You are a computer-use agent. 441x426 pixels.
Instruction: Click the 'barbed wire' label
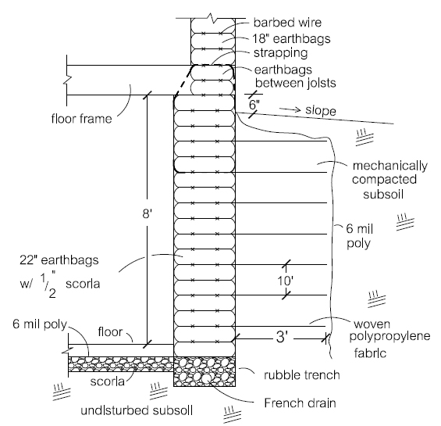[287, 23]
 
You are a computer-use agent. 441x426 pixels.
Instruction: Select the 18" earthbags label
[291, 39]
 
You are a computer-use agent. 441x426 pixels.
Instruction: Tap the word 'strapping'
[281, 53]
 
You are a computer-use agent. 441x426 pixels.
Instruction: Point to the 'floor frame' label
[81, 119]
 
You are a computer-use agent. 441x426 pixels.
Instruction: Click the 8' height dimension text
[148, 214]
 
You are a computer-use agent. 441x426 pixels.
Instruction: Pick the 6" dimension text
[254, 105]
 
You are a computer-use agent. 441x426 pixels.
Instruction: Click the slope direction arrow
[290, 109]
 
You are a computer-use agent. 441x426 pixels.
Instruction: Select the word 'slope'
[321, 110]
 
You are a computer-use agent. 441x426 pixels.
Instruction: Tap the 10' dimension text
[286, 281]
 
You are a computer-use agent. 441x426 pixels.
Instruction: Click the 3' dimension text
[282, 337]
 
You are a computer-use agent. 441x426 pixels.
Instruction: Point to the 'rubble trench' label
[302, 375]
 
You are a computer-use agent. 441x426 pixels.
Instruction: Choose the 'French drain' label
[300, 403]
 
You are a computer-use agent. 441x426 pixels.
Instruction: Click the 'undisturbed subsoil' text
[137, 410]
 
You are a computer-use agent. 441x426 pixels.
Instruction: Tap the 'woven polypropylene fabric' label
[389, 338]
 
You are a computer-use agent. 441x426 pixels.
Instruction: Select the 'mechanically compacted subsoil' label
[389, 180]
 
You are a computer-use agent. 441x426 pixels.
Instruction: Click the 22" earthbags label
[59, 260]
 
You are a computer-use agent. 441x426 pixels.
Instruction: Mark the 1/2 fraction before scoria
[48, 285]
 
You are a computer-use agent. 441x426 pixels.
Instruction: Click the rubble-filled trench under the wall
[204, 371]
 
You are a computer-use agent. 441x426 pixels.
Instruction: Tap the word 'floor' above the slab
[110, 332]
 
